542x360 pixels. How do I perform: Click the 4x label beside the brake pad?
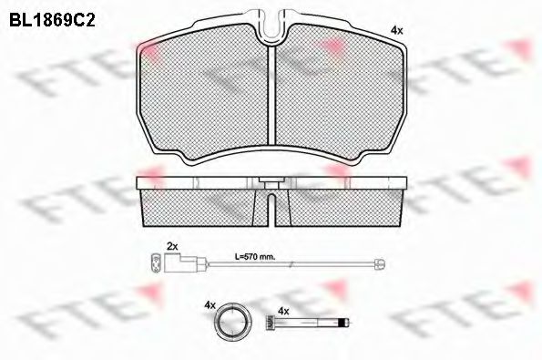point(395,30)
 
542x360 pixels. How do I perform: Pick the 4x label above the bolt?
point(282,310)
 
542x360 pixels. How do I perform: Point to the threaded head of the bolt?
point(269,323)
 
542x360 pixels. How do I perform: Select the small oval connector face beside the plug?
point(155,265)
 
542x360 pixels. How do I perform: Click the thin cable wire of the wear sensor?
point(291,265)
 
